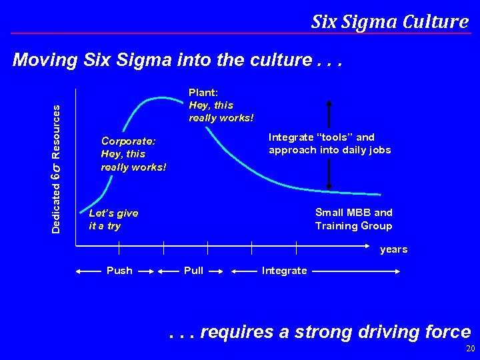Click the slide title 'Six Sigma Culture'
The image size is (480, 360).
[x=389, y=21]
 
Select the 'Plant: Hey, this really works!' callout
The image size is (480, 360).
[x=221, y=105]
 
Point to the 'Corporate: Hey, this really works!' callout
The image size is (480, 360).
[x=133, y=154]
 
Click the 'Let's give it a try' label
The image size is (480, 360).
[x=113, y=219]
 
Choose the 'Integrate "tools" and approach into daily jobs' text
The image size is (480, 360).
[x=329, y=144]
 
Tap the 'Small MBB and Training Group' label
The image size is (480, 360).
[x=353, y=219]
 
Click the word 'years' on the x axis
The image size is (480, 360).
[x=393, y=250]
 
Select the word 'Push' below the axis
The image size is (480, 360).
[x=119, y=271]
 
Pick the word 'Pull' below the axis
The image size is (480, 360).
[x=193, y=271]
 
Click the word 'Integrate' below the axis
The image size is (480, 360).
[x=285, y=271]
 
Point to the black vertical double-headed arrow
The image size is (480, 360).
[x=329, y=144]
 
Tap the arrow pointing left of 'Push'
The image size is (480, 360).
[x=90, y=271]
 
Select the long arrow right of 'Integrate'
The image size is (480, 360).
[x=356, y=271]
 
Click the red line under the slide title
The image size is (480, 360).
[x=240, y=33]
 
